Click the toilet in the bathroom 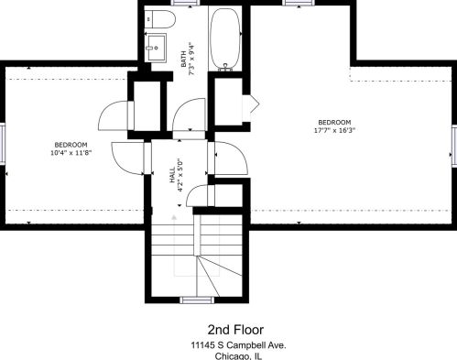[159, 19]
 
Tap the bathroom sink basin [156, 48]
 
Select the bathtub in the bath [225, 38]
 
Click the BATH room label [183, 59]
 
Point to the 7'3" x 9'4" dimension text [191, 59]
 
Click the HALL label [173, 175]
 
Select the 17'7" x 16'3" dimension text [334, 130]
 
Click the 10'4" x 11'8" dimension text [71, 152]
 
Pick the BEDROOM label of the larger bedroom [334, 123]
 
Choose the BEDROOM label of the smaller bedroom [71, 145]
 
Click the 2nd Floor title [235, 330]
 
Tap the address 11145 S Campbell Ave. [238, 345]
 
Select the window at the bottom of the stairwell [197, 300]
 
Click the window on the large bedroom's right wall [454, 146]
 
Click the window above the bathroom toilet [185, 3]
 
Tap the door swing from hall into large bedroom [232, 158]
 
